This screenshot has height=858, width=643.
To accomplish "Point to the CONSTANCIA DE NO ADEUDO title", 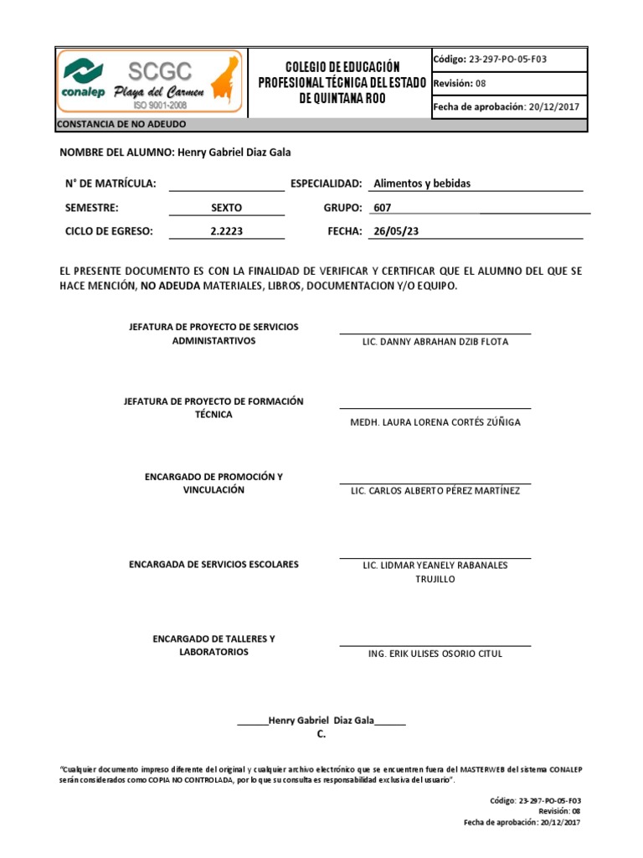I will [x=121, y=125].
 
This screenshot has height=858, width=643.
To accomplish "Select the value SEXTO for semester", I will [x=226, y=208].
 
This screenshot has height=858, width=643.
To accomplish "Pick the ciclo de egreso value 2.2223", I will [x=226, y=231].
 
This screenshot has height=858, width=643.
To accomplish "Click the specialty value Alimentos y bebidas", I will [x=422, y=183].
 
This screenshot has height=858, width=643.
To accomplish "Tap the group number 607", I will [x=382, y=208].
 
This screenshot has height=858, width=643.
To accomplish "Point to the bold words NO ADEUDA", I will [x=170, y=286].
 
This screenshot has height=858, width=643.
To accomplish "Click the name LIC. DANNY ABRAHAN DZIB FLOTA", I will [x=435, y=342].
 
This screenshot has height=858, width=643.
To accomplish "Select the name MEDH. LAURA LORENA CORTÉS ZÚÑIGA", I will [x=435, y=422].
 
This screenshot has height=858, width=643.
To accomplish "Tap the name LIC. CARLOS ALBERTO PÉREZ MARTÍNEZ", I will [x=435, y=490].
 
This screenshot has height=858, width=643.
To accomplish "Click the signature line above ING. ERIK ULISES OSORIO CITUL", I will [x=435, y=646].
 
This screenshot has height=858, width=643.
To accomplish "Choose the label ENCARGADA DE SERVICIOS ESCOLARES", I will [x=213, y=565].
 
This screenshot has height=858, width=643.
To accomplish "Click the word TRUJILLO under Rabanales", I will [x=435, y=579].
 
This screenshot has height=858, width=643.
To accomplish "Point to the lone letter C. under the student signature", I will [x=321, y=734].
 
